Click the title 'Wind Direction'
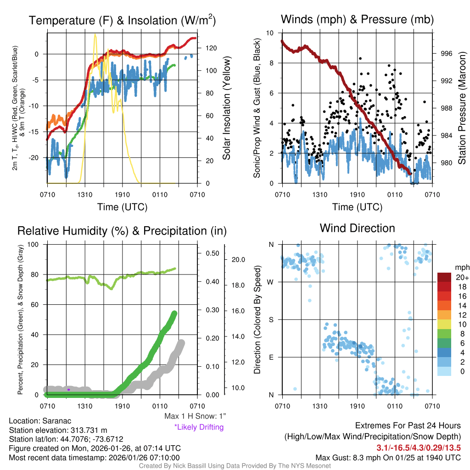coord(357,228)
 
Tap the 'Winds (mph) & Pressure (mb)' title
coord(357,20)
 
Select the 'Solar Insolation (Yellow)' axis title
coord(226,109)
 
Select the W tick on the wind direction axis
coord(271,282)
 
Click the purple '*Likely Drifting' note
coord(199,427)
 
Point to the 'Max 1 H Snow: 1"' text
coord(195,416)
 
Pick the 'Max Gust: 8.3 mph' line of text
coord(388,458)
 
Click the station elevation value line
coord(58,430)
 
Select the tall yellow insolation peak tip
coord(95,34)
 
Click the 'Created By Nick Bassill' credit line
coord(235,466)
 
